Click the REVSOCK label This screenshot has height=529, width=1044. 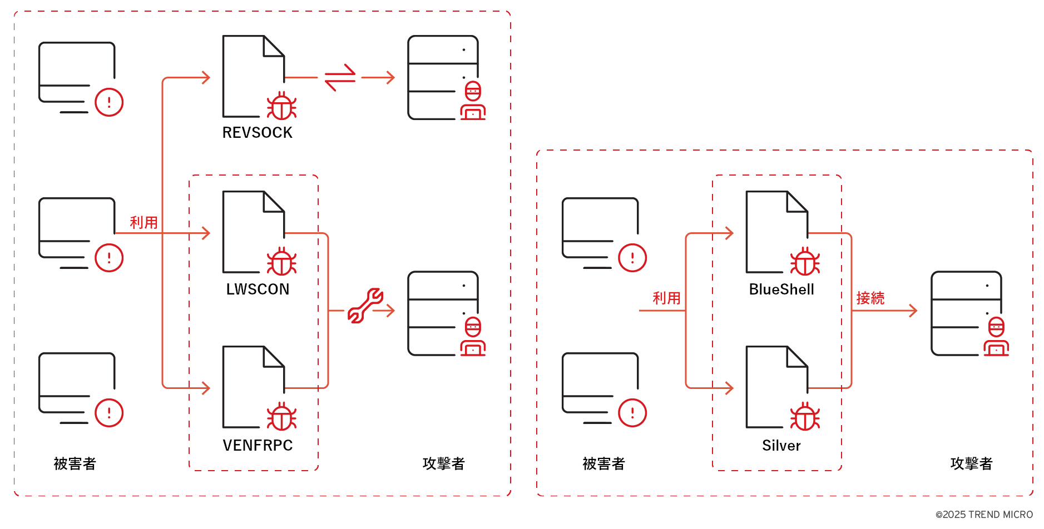[257, 133]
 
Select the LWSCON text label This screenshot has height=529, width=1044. [258, 289]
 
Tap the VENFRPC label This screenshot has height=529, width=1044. [258, 445]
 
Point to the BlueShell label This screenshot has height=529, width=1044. [781, 289]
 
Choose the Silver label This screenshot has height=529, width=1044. [781, 445]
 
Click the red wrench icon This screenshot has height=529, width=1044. [365, 305]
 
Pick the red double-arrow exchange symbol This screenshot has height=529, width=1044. [340, 77]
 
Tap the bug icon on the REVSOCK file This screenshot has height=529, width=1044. [281, 106]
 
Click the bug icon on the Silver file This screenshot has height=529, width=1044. [805, 417]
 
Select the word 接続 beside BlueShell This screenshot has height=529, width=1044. [870, 298]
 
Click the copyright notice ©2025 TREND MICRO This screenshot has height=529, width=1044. [984, 515]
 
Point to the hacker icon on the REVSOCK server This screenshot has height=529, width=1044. [473, 101]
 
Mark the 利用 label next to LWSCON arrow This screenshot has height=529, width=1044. [144, 223]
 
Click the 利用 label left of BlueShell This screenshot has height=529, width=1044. [666, 298]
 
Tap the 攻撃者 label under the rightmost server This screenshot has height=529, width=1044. [971, 463]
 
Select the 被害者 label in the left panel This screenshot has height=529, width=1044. [75, 463]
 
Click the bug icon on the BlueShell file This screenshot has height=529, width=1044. [805, 262]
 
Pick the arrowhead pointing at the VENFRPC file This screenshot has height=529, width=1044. [206, 388]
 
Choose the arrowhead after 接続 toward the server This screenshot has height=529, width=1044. [913, 311]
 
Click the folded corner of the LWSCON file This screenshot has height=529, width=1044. [274, 202]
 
